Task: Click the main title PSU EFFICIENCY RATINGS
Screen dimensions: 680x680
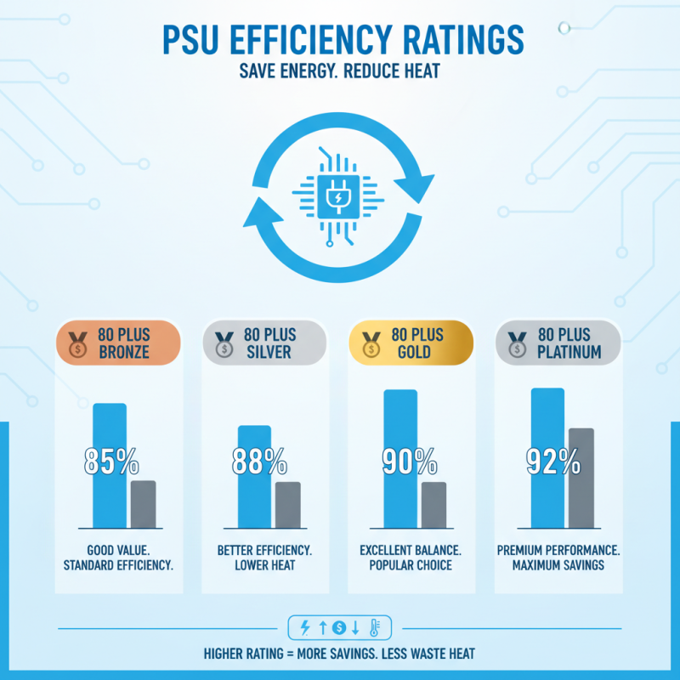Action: point(339,40)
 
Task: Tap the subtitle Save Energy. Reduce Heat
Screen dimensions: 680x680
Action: point(339,71)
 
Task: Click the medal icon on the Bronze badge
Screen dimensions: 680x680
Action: point(76,343)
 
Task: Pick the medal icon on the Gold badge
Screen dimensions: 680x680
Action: point(371,343)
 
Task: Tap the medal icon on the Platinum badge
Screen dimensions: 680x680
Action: point(516,343)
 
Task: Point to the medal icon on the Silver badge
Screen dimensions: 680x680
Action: point(224,343)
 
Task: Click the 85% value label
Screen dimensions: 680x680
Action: point(111,462)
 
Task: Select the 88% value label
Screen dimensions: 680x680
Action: point(259,462)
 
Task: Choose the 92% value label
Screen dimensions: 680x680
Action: point(552,462)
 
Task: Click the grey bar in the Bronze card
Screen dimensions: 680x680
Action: point(143,504)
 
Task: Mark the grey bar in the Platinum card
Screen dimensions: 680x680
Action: point(581,478)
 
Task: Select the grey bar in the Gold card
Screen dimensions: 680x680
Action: point(433,505)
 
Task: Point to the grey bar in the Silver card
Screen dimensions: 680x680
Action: point(288,505)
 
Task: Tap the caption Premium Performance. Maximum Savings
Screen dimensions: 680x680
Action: point(558,558)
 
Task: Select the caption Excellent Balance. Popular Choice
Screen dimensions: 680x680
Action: point(411,558)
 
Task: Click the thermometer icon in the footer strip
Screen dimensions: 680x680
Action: point(375,628)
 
